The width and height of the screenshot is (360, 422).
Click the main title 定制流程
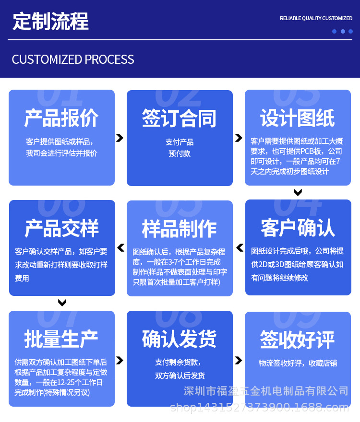(x=50, y=22)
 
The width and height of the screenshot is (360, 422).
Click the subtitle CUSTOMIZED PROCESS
(x=73, y=59)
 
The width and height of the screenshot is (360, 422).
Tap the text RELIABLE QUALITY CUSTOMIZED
(x=316, y=18)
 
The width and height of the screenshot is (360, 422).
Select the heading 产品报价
(x=61, y=118)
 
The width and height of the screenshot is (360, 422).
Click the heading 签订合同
(x=179, y=118)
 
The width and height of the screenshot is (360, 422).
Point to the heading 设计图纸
(x=298, y=118)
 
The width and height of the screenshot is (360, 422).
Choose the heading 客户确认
(x=298, y=228)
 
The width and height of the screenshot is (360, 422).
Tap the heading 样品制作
(x=179, y=229)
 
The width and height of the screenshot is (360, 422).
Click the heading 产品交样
(x=61, y=228)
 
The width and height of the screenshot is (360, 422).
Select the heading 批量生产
(x=61, y=339)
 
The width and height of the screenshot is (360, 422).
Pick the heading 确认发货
(x=179, y=339)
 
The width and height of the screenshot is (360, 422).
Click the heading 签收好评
(x=298, y=339)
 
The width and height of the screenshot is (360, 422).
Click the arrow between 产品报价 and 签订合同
(x=120, y=138)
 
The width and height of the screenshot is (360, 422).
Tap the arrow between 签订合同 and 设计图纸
(x=239, y=138)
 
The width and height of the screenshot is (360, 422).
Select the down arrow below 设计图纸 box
(x=298, y=192)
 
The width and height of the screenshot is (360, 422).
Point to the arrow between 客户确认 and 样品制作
(x=239, y=248)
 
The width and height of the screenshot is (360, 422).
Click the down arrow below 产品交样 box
(x=62, y=303)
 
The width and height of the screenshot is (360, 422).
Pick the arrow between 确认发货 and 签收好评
(x=239, y=360)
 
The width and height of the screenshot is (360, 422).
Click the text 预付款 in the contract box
(x=180, y=154)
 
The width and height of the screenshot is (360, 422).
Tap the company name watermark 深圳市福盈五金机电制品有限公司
(x=266, y=391)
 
